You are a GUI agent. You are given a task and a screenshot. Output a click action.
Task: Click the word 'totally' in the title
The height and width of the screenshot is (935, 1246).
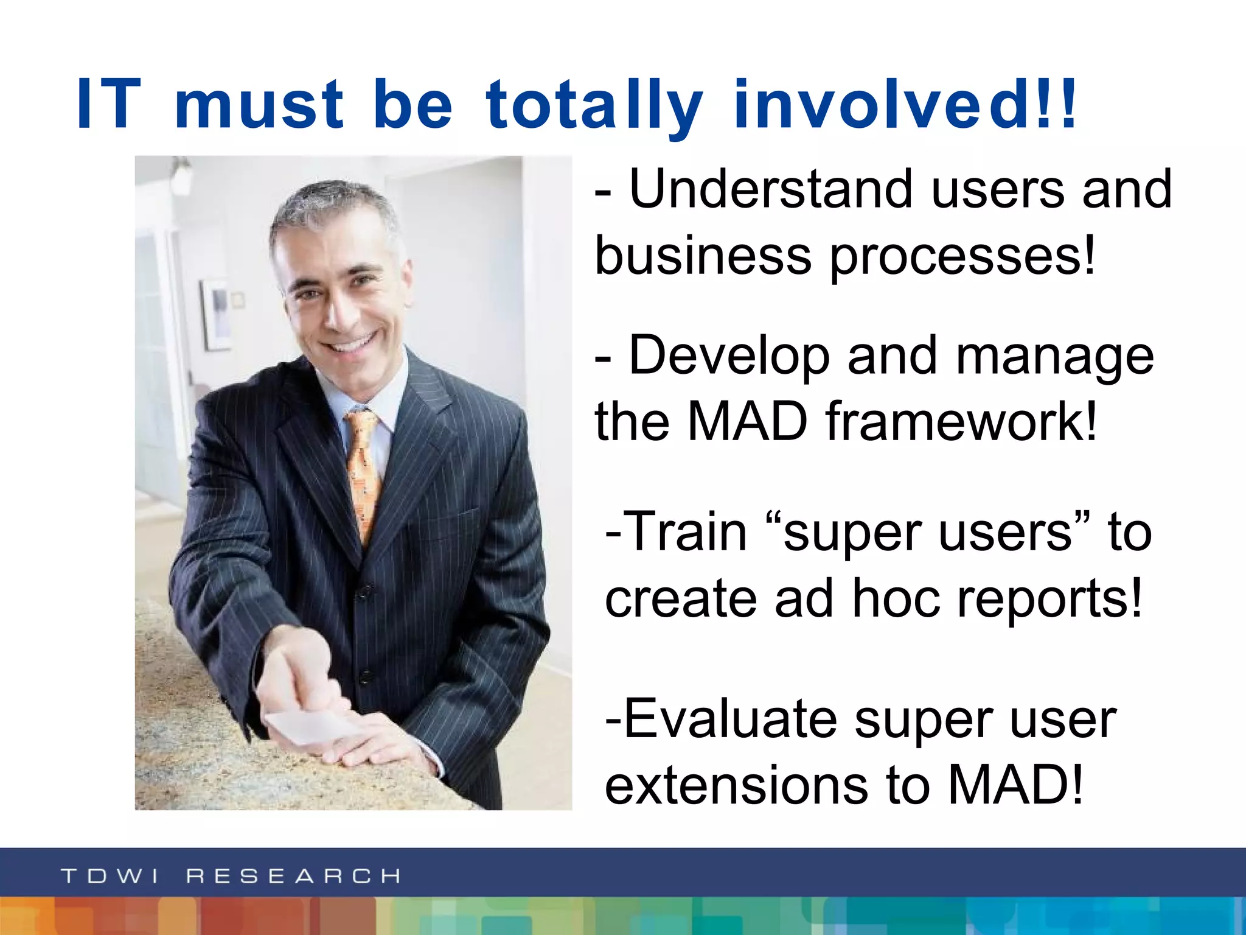tap(594, 105)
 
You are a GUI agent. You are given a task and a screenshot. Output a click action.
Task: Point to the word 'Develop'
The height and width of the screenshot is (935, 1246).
tap(729, 357)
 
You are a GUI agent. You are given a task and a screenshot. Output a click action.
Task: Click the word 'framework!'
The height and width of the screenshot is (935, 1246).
tap(961, 421)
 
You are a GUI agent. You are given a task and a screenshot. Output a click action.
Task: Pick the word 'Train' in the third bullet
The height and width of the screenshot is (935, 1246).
tap(686, 532)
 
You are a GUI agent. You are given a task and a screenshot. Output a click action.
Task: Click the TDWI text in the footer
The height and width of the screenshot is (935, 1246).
tap(110, 876)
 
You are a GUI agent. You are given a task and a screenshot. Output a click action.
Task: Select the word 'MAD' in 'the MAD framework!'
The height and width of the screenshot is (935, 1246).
tap(747, 421)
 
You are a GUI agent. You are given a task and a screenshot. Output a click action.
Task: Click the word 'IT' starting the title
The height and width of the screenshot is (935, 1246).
tap(109, 105)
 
